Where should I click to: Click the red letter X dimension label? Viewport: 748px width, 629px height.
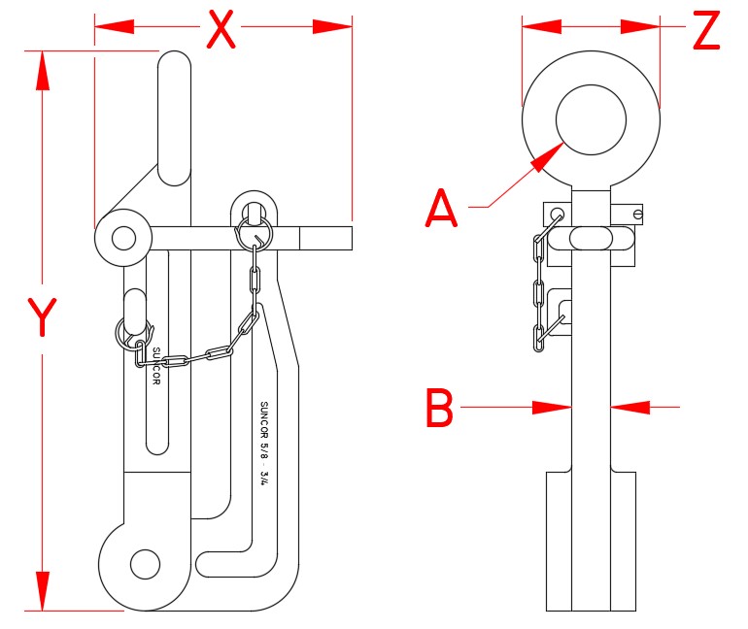(x=222, y=29)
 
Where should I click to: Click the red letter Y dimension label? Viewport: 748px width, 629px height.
(x=41, y=316)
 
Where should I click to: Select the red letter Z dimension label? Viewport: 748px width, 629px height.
(x=706, y=31)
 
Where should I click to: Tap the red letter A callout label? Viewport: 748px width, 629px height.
(x=442, y=208)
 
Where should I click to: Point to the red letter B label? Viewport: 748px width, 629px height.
(x=440, y=409)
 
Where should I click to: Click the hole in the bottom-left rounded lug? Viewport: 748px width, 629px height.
(x=144, y=562)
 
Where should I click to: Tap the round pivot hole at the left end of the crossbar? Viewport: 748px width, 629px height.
(x=122, y=237)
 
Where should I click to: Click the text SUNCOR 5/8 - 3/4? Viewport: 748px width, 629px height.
(x=263, y=442)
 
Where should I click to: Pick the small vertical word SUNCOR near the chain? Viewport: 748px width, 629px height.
(x=155, y=365)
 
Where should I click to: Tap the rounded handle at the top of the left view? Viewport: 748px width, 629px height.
(x=174, y=116)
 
